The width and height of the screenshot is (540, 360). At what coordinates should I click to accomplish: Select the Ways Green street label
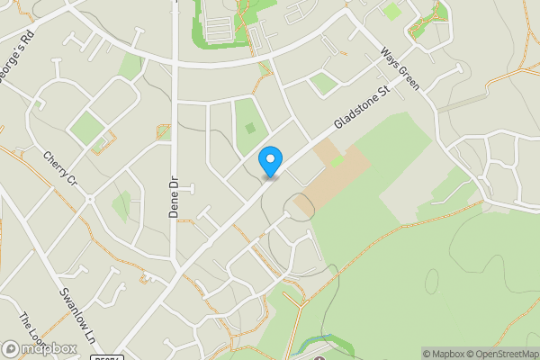pos(400,68)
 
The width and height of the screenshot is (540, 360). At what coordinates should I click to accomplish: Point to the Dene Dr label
pos(175,197)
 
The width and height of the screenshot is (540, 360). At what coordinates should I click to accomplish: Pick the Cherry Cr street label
pos(61,168)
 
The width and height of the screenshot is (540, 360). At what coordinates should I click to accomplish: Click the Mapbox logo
pos(40,348)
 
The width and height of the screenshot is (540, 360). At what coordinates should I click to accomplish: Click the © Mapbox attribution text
pos(439,354)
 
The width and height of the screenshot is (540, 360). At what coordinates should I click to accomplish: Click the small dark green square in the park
pos(250,128)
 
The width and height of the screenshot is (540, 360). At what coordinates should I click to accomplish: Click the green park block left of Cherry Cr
pos(88,128)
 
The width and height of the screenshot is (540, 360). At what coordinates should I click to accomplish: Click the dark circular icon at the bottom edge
pos(319,358)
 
